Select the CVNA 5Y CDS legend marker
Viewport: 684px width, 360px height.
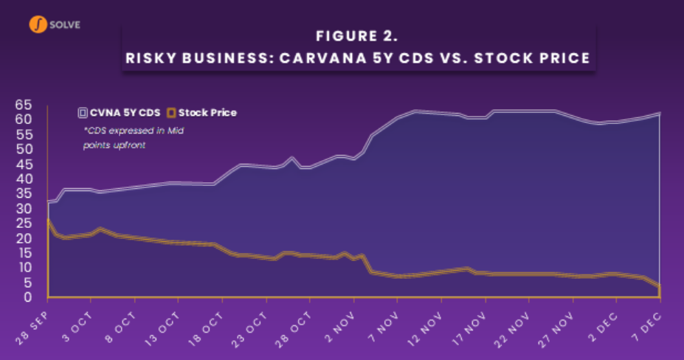(83, 113)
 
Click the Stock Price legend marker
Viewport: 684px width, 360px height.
(171, 113)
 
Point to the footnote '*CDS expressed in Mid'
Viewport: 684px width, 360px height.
(134, 131)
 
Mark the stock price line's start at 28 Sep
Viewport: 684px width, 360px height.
(48, 220)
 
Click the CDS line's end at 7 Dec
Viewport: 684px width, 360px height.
(658, 114)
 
